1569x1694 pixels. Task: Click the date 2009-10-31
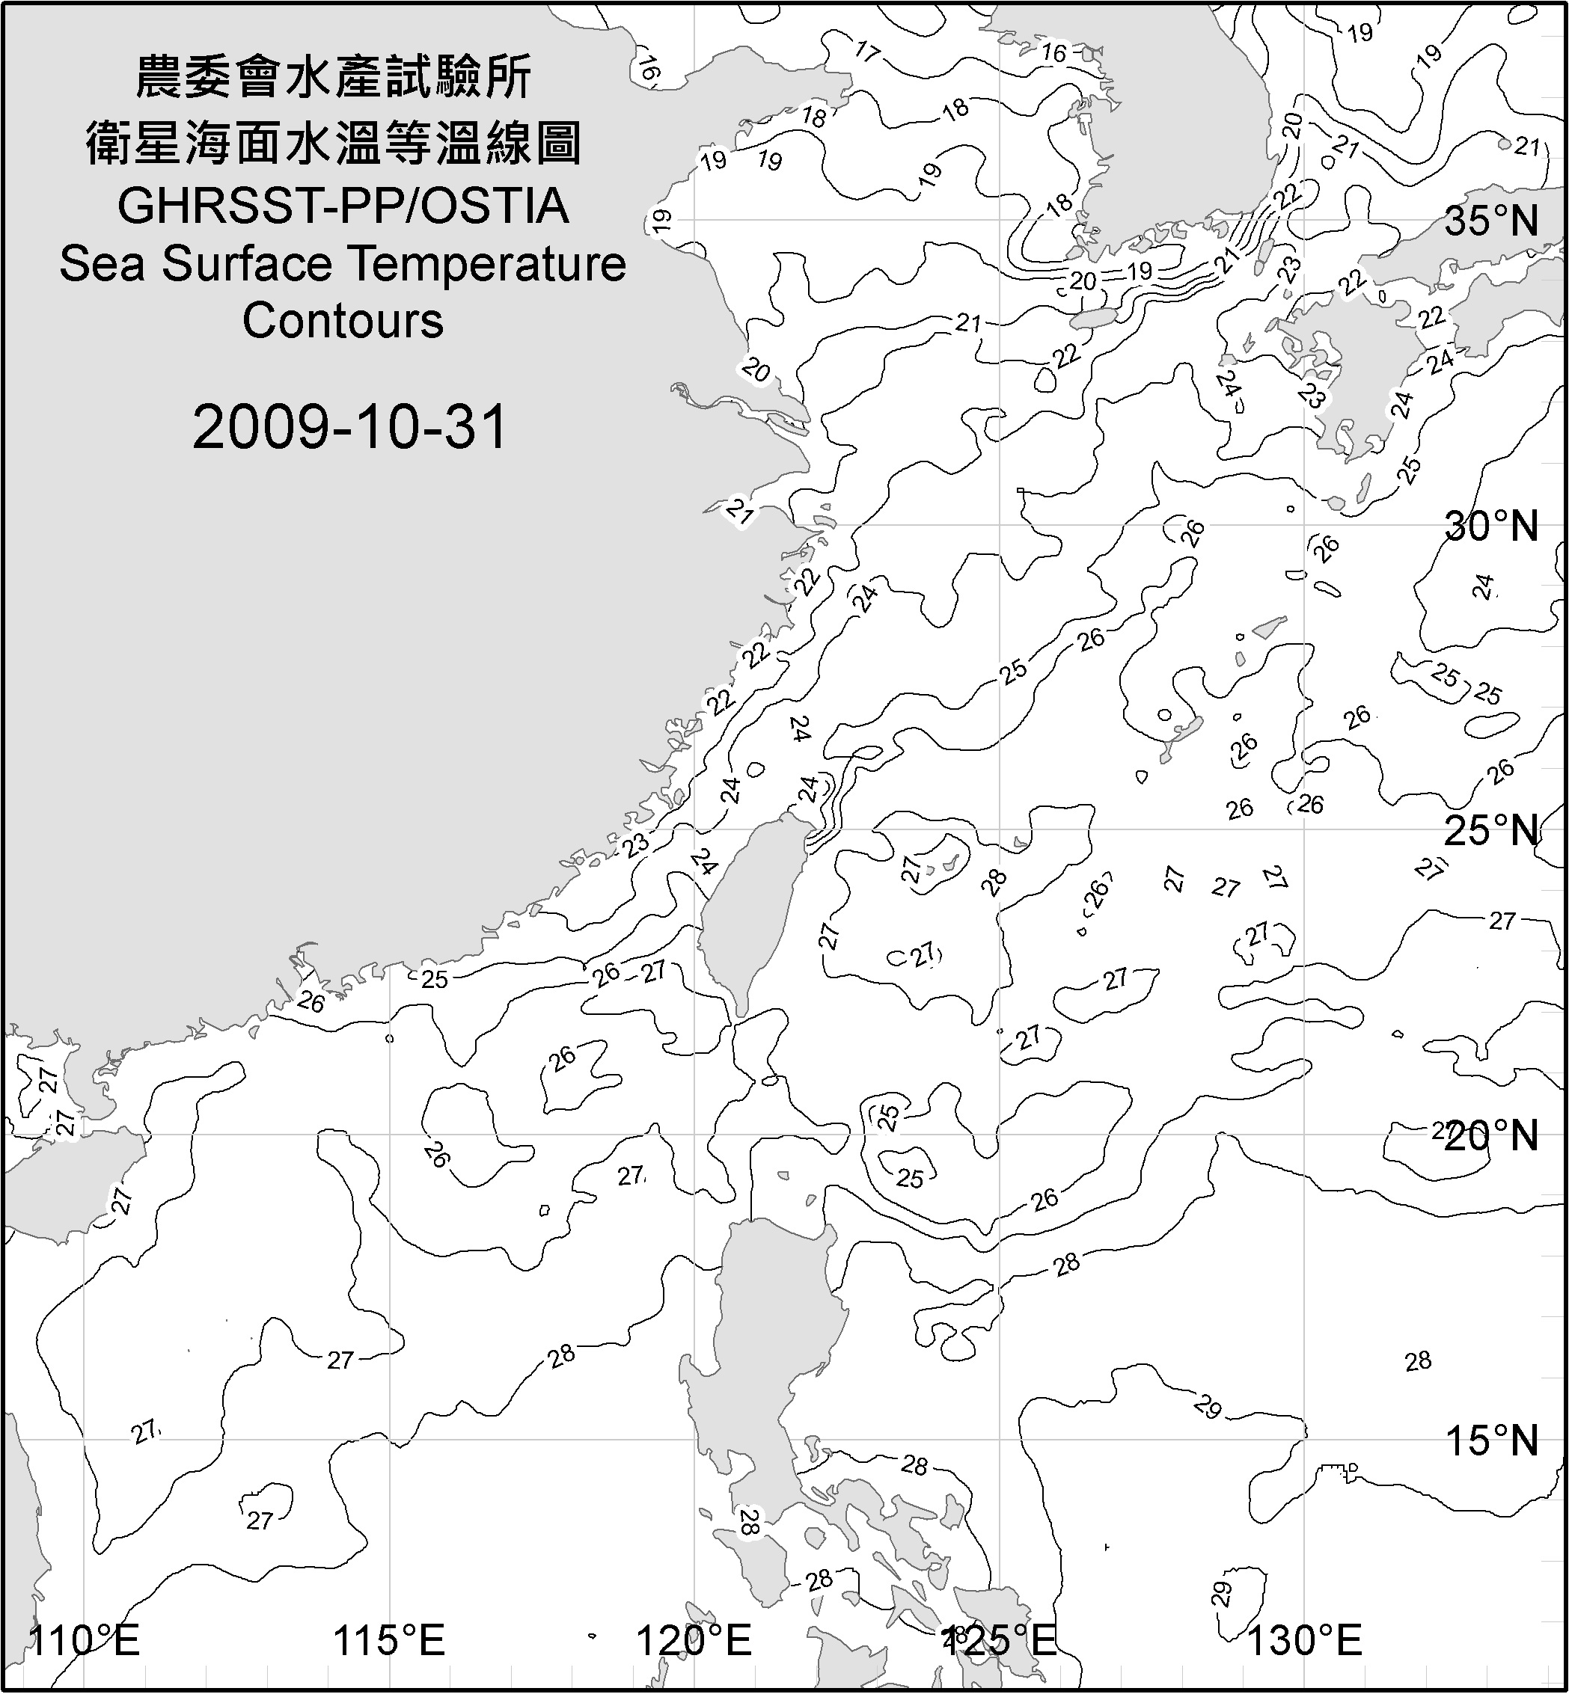point(349,427)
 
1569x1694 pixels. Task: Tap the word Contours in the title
point(343,321)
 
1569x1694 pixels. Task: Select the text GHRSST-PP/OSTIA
point(343,206)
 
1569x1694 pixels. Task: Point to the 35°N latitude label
point(1492,221)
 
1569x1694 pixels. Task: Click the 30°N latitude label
point(1492,527)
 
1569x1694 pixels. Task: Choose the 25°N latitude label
point(1492,831)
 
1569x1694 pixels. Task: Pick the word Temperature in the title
point(487,264)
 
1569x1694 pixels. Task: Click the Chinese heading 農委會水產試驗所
point(334,77)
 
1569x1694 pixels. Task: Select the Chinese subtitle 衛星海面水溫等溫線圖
point(334,142)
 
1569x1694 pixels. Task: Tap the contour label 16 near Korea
point(1053,52)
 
